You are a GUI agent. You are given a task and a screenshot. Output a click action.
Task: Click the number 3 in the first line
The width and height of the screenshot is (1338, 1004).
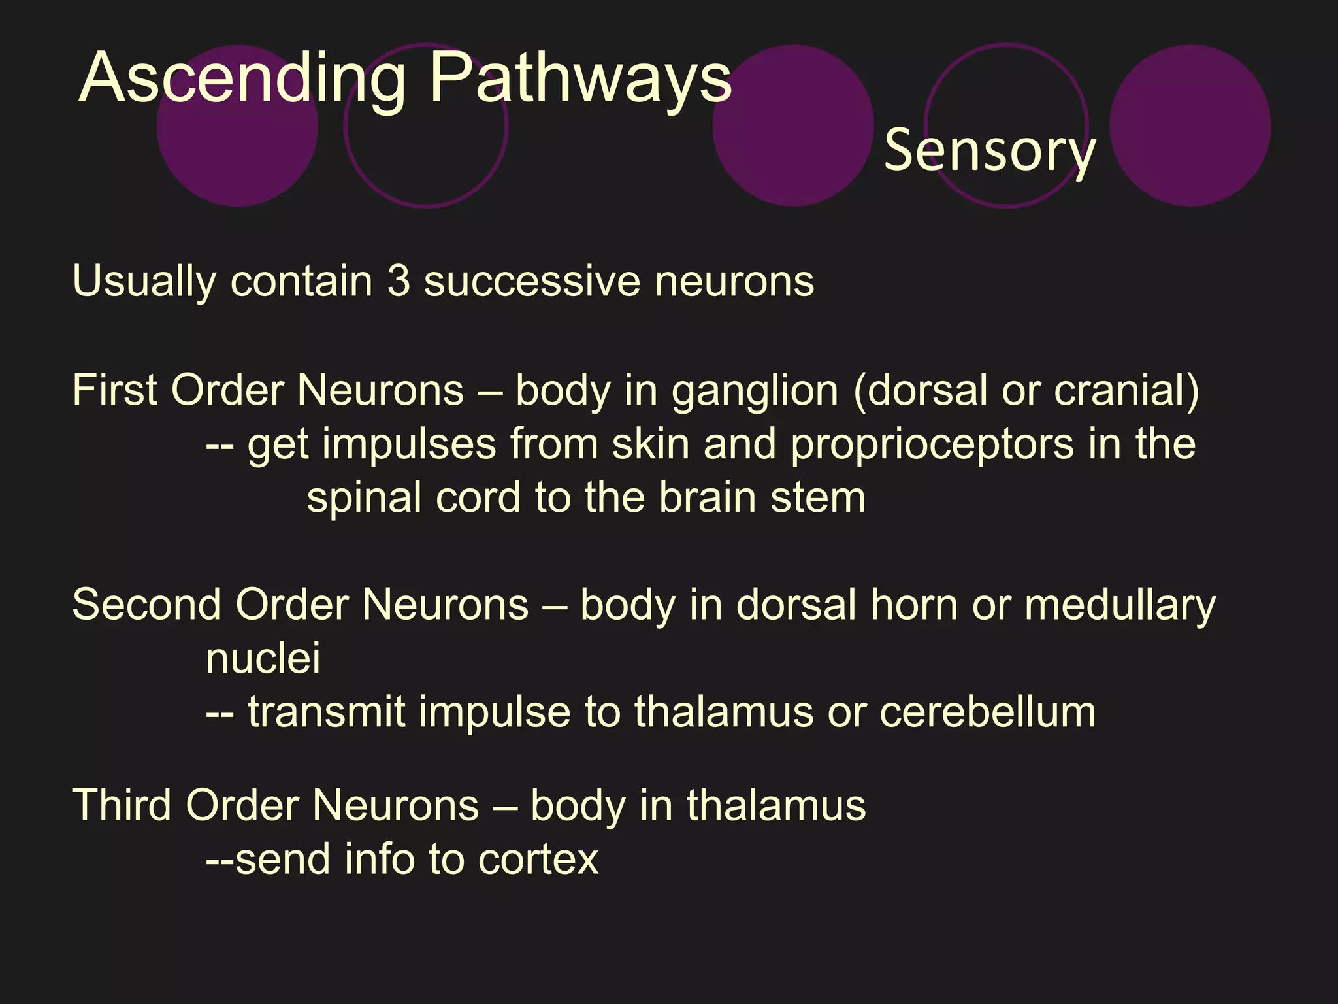tap(399, 281)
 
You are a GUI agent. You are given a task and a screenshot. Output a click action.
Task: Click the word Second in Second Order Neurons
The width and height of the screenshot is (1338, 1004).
tap(146, 605)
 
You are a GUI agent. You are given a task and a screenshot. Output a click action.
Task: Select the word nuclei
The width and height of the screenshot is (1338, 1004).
tap(263, 658)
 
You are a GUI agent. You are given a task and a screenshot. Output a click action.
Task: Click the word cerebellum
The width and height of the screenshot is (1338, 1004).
tap(987, 712)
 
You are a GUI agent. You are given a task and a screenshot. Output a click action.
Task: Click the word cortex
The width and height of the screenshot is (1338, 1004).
tap(538, 860)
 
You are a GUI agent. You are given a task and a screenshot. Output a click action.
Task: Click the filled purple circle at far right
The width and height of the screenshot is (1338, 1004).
tap(1190, 125)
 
